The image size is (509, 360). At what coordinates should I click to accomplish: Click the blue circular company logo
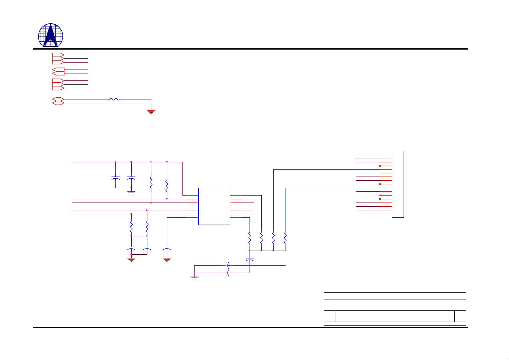click(51, 35)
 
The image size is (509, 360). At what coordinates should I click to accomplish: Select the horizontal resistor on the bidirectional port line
click(114, 99)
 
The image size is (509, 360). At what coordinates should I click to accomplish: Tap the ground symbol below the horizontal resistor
click(151, 112)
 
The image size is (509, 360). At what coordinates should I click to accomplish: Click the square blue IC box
click(214, 206)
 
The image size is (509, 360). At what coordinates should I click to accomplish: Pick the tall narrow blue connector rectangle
click(398, 184)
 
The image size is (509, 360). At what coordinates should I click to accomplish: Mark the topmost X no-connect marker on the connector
click(380, 166)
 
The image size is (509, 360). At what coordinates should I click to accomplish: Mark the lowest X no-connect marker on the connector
click(380, 199)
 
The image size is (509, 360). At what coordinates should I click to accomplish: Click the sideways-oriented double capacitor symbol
click(228, 269)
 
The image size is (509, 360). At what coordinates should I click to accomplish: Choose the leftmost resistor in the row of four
click(250, 238)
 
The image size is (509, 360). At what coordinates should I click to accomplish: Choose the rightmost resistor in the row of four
click(285, 238)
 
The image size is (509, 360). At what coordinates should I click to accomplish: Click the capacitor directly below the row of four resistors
click(250, 259)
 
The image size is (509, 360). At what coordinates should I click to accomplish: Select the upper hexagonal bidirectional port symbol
click(58, 99)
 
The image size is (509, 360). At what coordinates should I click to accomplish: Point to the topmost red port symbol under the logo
click(58, 55)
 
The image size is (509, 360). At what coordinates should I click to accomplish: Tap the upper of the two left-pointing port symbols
click(58, 70)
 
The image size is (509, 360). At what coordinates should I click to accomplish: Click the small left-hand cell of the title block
click(330, 316)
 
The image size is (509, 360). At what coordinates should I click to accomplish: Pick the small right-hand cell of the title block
click(460, 316)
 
